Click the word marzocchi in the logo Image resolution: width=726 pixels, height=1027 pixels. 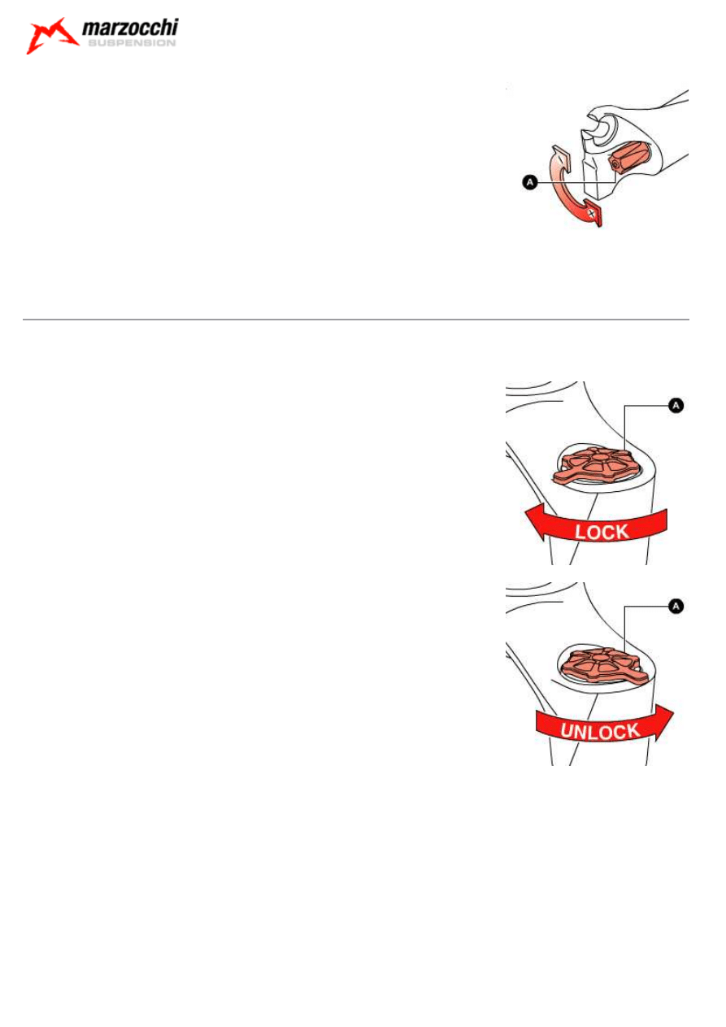point(130,28)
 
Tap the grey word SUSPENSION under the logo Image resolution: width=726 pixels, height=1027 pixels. point(132,43)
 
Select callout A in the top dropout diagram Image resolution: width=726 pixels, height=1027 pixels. point(530,182)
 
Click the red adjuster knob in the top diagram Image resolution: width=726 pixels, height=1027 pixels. point(627,157)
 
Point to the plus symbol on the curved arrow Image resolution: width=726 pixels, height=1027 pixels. point(592,213)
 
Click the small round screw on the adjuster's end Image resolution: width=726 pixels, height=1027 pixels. point(614,163)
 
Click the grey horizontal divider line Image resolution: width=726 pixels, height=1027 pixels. point(355,319)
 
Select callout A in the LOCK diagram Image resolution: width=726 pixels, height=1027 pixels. point(676,405)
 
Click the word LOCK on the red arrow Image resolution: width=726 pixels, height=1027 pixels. point(602,532)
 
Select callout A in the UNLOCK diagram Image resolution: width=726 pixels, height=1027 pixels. point(676,606)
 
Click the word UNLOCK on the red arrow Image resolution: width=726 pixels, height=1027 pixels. point(600,731)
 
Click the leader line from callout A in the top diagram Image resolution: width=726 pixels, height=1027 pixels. point(577,182)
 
